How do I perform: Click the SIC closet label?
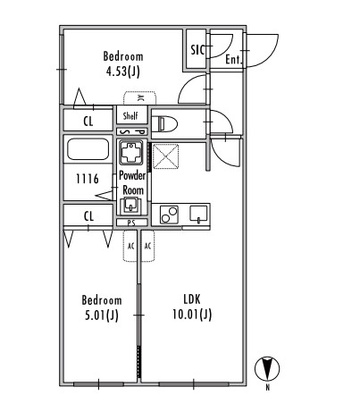click(x=197, y=50)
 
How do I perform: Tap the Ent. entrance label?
click(x=233, y=60)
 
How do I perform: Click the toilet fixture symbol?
click(x=164, y=123)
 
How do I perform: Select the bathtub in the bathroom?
click(x=88, y=149)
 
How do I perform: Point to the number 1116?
click(x=88, y=179)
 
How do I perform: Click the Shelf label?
click(x=130, y=115)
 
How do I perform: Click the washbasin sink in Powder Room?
click(x=130, y=205)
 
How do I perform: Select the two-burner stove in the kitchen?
click(x=169, y=215)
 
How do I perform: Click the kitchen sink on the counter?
click(x=198, y=215)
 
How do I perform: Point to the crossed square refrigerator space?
click(x=165, y=156)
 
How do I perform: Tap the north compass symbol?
click(x=267, y=368)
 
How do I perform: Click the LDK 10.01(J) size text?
click(x=192, y=307)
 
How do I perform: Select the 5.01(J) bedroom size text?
click(x=102, y=316)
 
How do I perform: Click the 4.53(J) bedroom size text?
click(x=123, y=72)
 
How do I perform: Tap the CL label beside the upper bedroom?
click(x=88, y=122)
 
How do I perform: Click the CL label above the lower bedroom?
click(x=88, y=216)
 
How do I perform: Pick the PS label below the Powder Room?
click(x=131, y=223)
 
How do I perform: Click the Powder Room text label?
click(x=132, y=182)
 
